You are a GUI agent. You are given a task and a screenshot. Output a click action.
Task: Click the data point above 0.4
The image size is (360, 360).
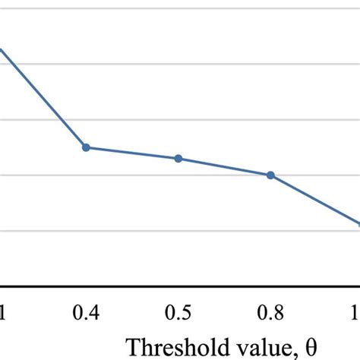pos(86,147)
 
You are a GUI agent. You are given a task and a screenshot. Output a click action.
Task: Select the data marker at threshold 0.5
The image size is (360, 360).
pos(178,159)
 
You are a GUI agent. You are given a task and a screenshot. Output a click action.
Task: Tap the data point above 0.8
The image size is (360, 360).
pos(270,175)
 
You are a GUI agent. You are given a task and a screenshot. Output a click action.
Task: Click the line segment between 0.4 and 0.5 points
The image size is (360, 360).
pos(132,153)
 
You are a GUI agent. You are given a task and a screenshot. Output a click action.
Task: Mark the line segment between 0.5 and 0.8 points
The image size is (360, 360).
pos(224,166)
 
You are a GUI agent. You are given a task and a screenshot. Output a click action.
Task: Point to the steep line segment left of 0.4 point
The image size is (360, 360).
pos(43,97)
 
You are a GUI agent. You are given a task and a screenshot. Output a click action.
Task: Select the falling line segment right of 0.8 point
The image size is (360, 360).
pos(315,200)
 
